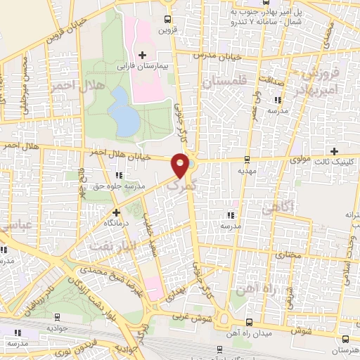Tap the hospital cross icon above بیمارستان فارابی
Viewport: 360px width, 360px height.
coord(143,54)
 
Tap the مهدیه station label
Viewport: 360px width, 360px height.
coord(245,171)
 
